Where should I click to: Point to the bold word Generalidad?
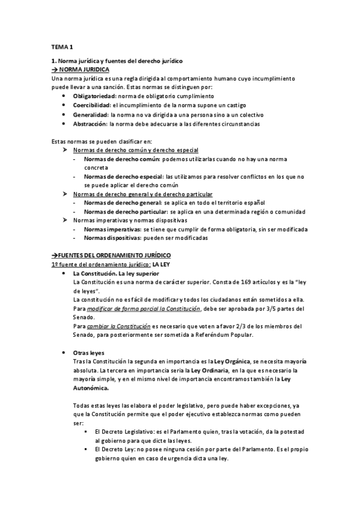coord(91,114)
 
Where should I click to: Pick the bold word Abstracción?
coord(90,123)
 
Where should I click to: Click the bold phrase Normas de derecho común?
coord(121,159)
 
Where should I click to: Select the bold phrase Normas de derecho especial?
coord(123,176)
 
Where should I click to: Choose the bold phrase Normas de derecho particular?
coord(124,212)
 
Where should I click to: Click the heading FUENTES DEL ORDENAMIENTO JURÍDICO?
coord(114,256)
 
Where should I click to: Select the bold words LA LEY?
coord(162,265)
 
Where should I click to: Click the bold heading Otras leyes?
coord(89,352)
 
